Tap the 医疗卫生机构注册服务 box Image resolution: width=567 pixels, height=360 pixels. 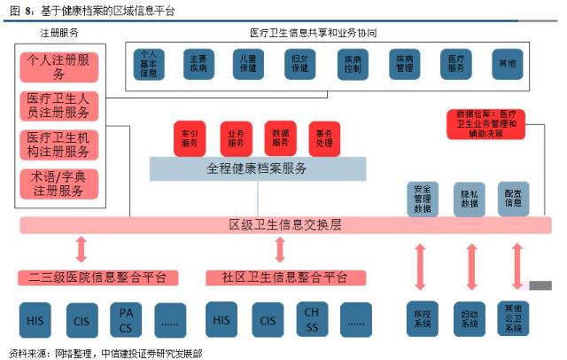[x=60, y=145]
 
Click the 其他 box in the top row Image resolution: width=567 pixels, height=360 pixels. [x=508, y=65]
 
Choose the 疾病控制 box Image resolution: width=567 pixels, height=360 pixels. [x=352, y=65]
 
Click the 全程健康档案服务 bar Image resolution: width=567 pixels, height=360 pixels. [x=256, y=167]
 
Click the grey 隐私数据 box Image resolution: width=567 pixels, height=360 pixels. [x=469, y=200]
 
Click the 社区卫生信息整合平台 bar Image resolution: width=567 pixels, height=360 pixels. [x=278, y=277]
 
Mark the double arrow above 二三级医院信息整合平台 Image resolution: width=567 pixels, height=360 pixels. [x=82, y=250]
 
